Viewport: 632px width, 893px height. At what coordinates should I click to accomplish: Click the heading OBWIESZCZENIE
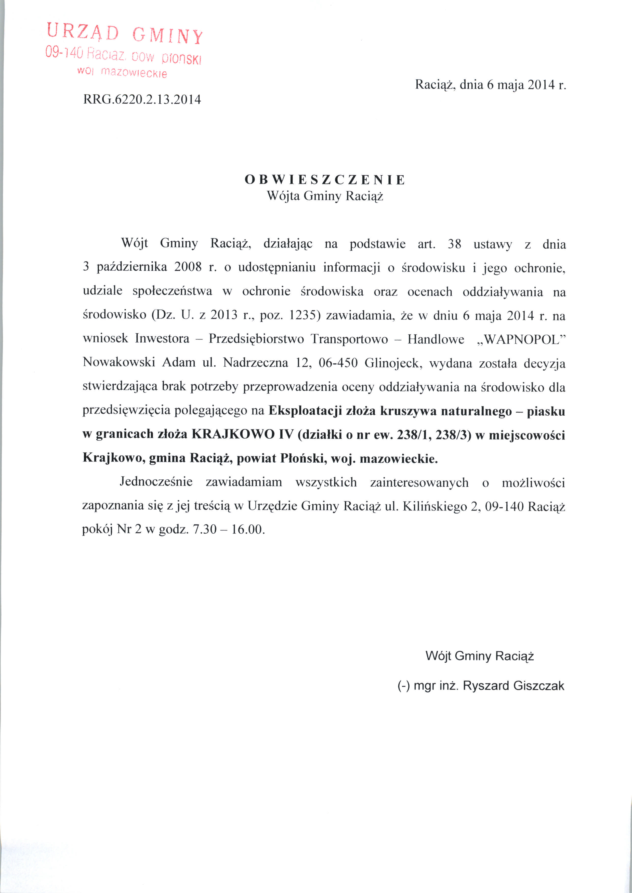[325, 180]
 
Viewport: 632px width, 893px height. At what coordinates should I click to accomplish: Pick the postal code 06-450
[338, 363]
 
